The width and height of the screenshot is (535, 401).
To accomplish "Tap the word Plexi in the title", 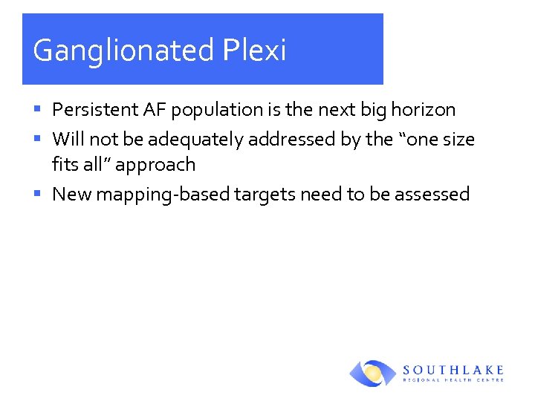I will coord(253,50).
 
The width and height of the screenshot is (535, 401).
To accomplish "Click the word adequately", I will coord(191,140).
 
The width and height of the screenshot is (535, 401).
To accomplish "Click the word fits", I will coord(64,164).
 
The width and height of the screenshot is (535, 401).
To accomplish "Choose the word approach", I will coord(155,166).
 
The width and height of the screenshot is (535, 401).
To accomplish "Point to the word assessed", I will coord(432,195).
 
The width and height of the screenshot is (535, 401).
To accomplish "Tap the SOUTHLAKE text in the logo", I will coord(453,369).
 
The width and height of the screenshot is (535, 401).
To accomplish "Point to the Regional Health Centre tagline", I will coord(453,380).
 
